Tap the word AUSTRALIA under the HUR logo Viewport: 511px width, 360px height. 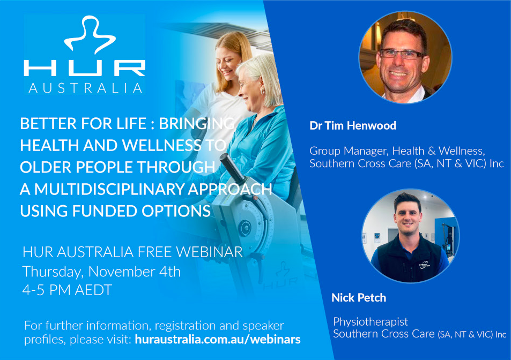click(x=85, y=88)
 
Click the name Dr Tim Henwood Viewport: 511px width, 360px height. click(x=353, y=126)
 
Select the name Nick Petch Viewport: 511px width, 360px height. click(x=359, y=297)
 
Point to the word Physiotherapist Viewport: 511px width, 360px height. click(x=370, y=322)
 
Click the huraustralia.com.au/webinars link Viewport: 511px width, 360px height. click(x=218, y=340)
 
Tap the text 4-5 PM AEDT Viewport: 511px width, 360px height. click(x=67, y=290)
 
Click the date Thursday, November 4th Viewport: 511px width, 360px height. click(x=101, y=272)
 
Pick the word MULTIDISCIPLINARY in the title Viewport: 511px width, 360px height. click(x=109, y=189)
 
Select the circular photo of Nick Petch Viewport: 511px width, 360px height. click(x=411, y=236)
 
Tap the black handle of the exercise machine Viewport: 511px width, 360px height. click(x=232, y=168)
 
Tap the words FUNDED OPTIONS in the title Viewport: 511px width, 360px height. click(x=141, y=211)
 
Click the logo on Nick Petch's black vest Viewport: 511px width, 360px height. click(x=424, y=264)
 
